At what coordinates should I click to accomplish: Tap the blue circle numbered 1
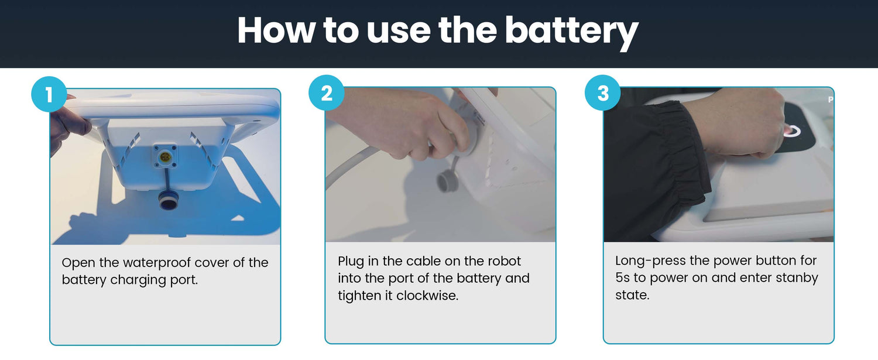pos(48,94)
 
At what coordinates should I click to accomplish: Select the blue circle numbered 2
pos(326,93)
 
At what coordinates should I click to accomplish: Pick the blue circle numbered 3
pos(602,93)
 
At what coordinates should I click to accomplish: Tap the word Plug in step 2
pos(351,262)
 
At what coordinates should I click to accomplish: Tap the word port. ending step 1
pos(184,280)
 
